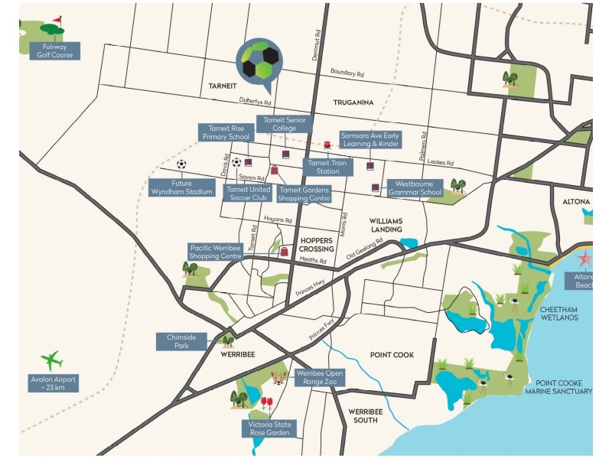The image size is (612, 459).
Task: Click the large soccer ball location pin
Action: point(259,61)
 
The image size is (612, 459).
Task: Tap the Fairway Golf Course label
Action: point(51,50)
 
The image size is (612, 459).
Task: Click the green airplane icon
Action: point(52,359)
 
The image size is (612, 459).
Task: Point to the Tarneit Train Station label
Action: point(327,167)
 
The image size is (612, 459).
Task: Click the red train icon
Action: point(327,144)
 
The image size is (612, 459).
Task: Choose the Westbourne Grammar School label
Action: point(415,188)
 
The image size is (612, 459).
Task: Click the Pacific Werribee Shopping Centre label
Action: point(216,252)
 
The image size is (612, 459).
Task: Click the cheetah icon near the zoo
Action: point(280,378)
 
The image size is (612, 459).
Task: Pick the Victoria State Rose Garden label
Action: point(268,428)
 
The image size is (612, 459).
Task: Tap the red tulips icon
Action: point(266,402)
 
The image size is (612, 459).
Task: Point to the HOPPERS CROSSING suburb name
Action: point(316,244)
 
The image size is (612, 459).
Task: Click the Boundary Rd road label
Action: point(347,73)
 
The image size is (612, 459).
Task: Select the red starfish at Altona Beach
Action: point(585,259)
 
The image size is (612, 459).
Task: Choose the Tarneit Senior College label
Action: point(285,124)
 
